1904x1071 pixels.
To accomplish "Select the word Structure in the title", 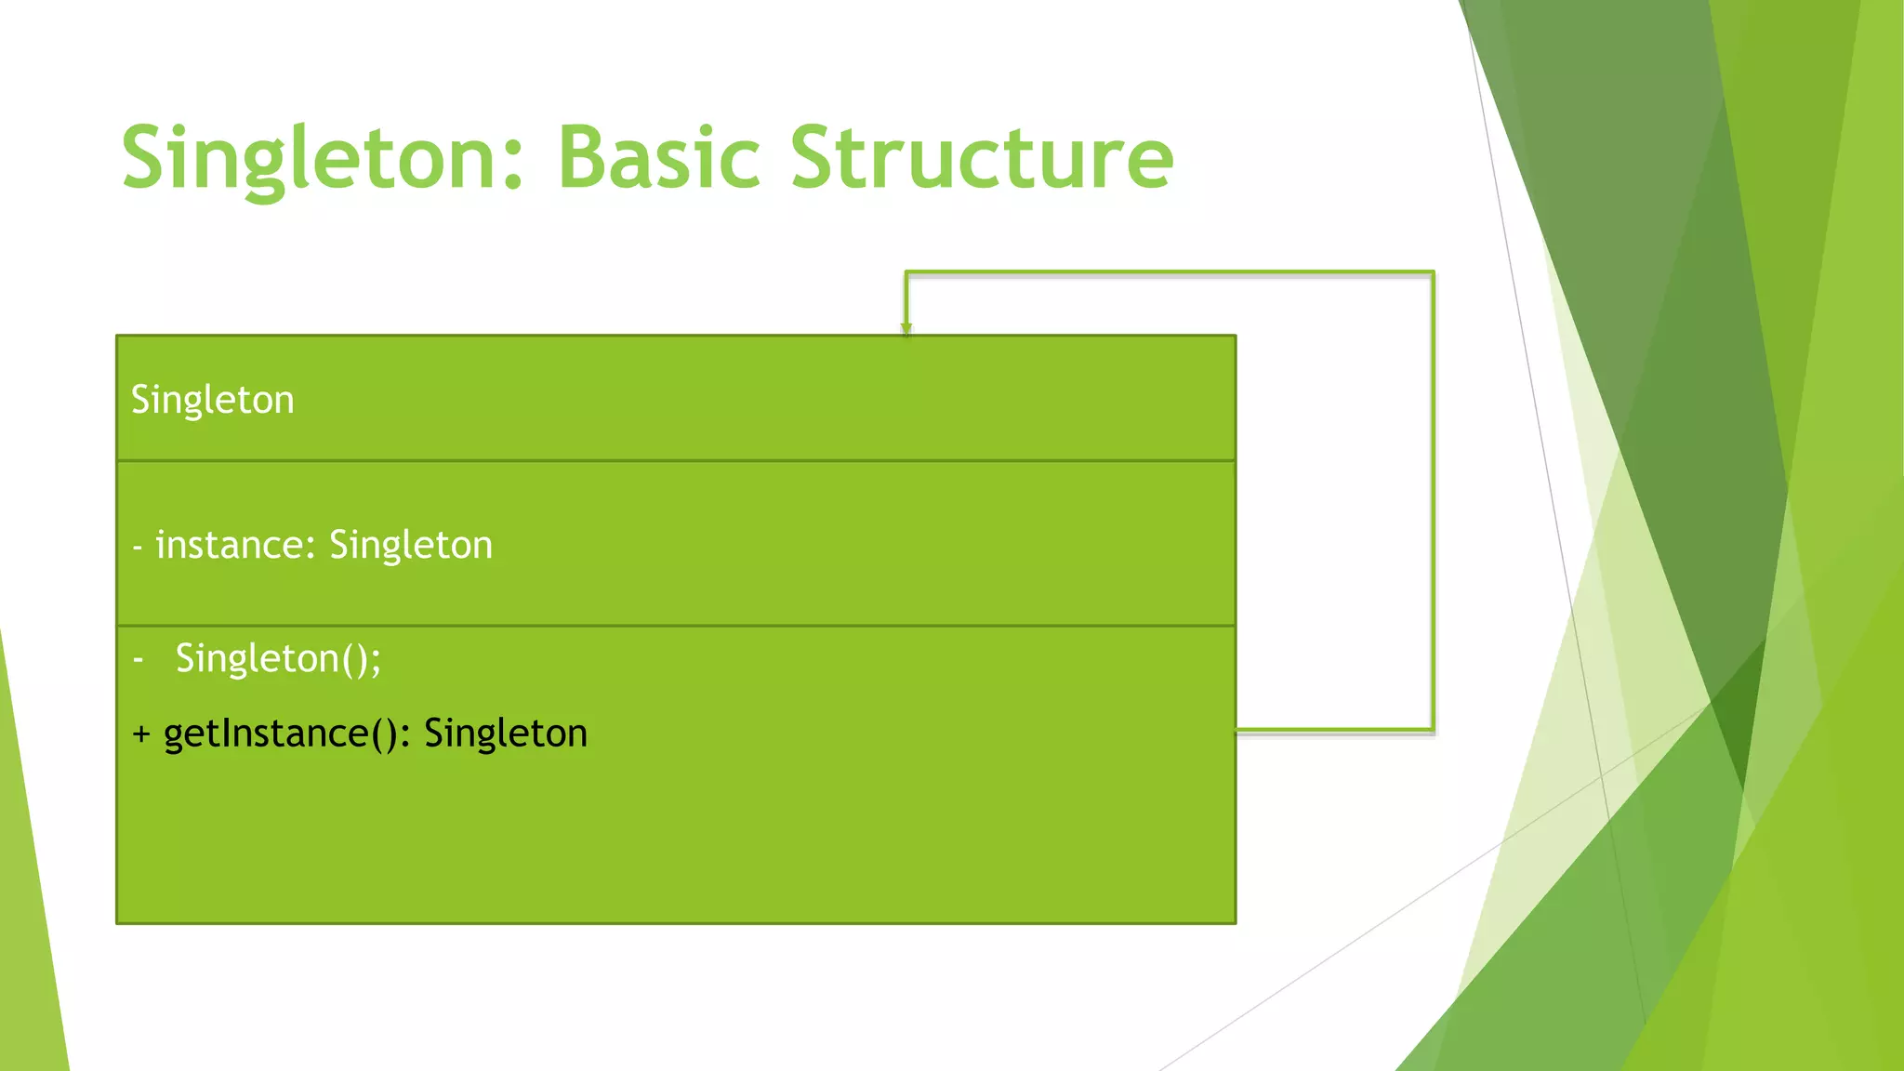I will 982,158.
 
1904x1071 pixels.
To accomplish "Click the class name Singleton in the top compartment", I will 212,400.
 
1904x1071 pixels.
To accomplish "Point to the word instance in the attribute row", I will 229,545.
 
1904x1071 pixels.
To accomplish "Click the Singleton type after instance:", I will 410,545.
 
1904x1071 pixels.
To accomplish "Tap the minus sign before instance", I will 138,547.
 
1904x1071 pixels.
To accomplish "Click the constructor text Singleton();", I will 278,658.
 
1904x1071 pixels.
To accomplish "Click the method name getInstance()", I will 280,734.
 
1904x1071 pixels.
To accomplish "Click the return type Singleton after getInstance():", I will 506,734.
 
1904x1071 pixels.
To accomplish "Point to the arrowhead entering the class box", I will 906,328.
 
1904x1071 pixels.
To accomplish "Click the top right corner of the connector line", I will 1433,273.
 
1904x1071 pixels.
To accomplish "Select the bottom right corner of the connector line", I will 1433,730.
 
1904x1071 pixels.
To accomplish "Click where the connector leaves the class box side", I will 1239,731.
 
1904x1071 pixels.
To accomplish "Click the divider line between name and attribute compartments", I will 676,460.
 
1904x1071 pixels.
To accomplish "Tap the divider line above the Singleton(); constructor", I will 676,626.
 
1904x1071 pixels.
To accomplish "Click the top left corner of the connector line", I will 907,273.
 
